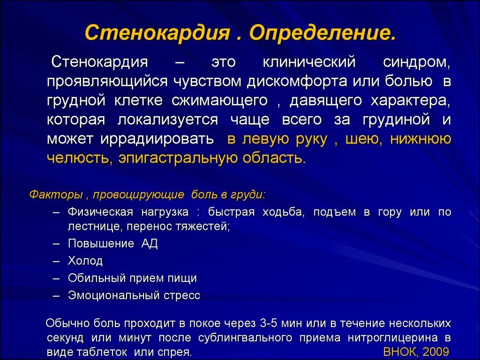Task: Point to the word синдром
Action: [416, 62]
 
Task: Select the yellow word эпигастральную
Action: [178, 158]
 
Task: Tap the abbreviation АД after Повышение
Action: [150, 244]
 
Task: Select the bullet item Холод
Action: [85, 261]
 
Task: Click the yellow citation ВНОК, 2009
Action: [416, 352]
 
